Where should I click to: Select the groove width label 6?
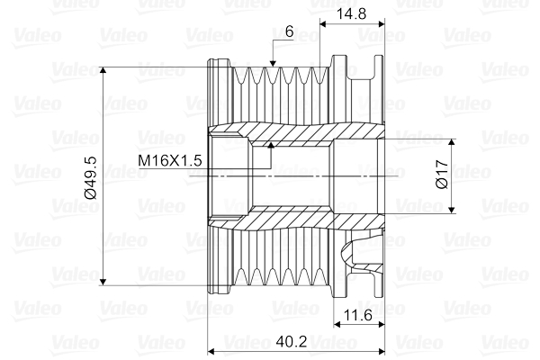click(288, 31)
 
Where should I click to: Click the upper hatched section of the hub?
click(288, 130)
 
